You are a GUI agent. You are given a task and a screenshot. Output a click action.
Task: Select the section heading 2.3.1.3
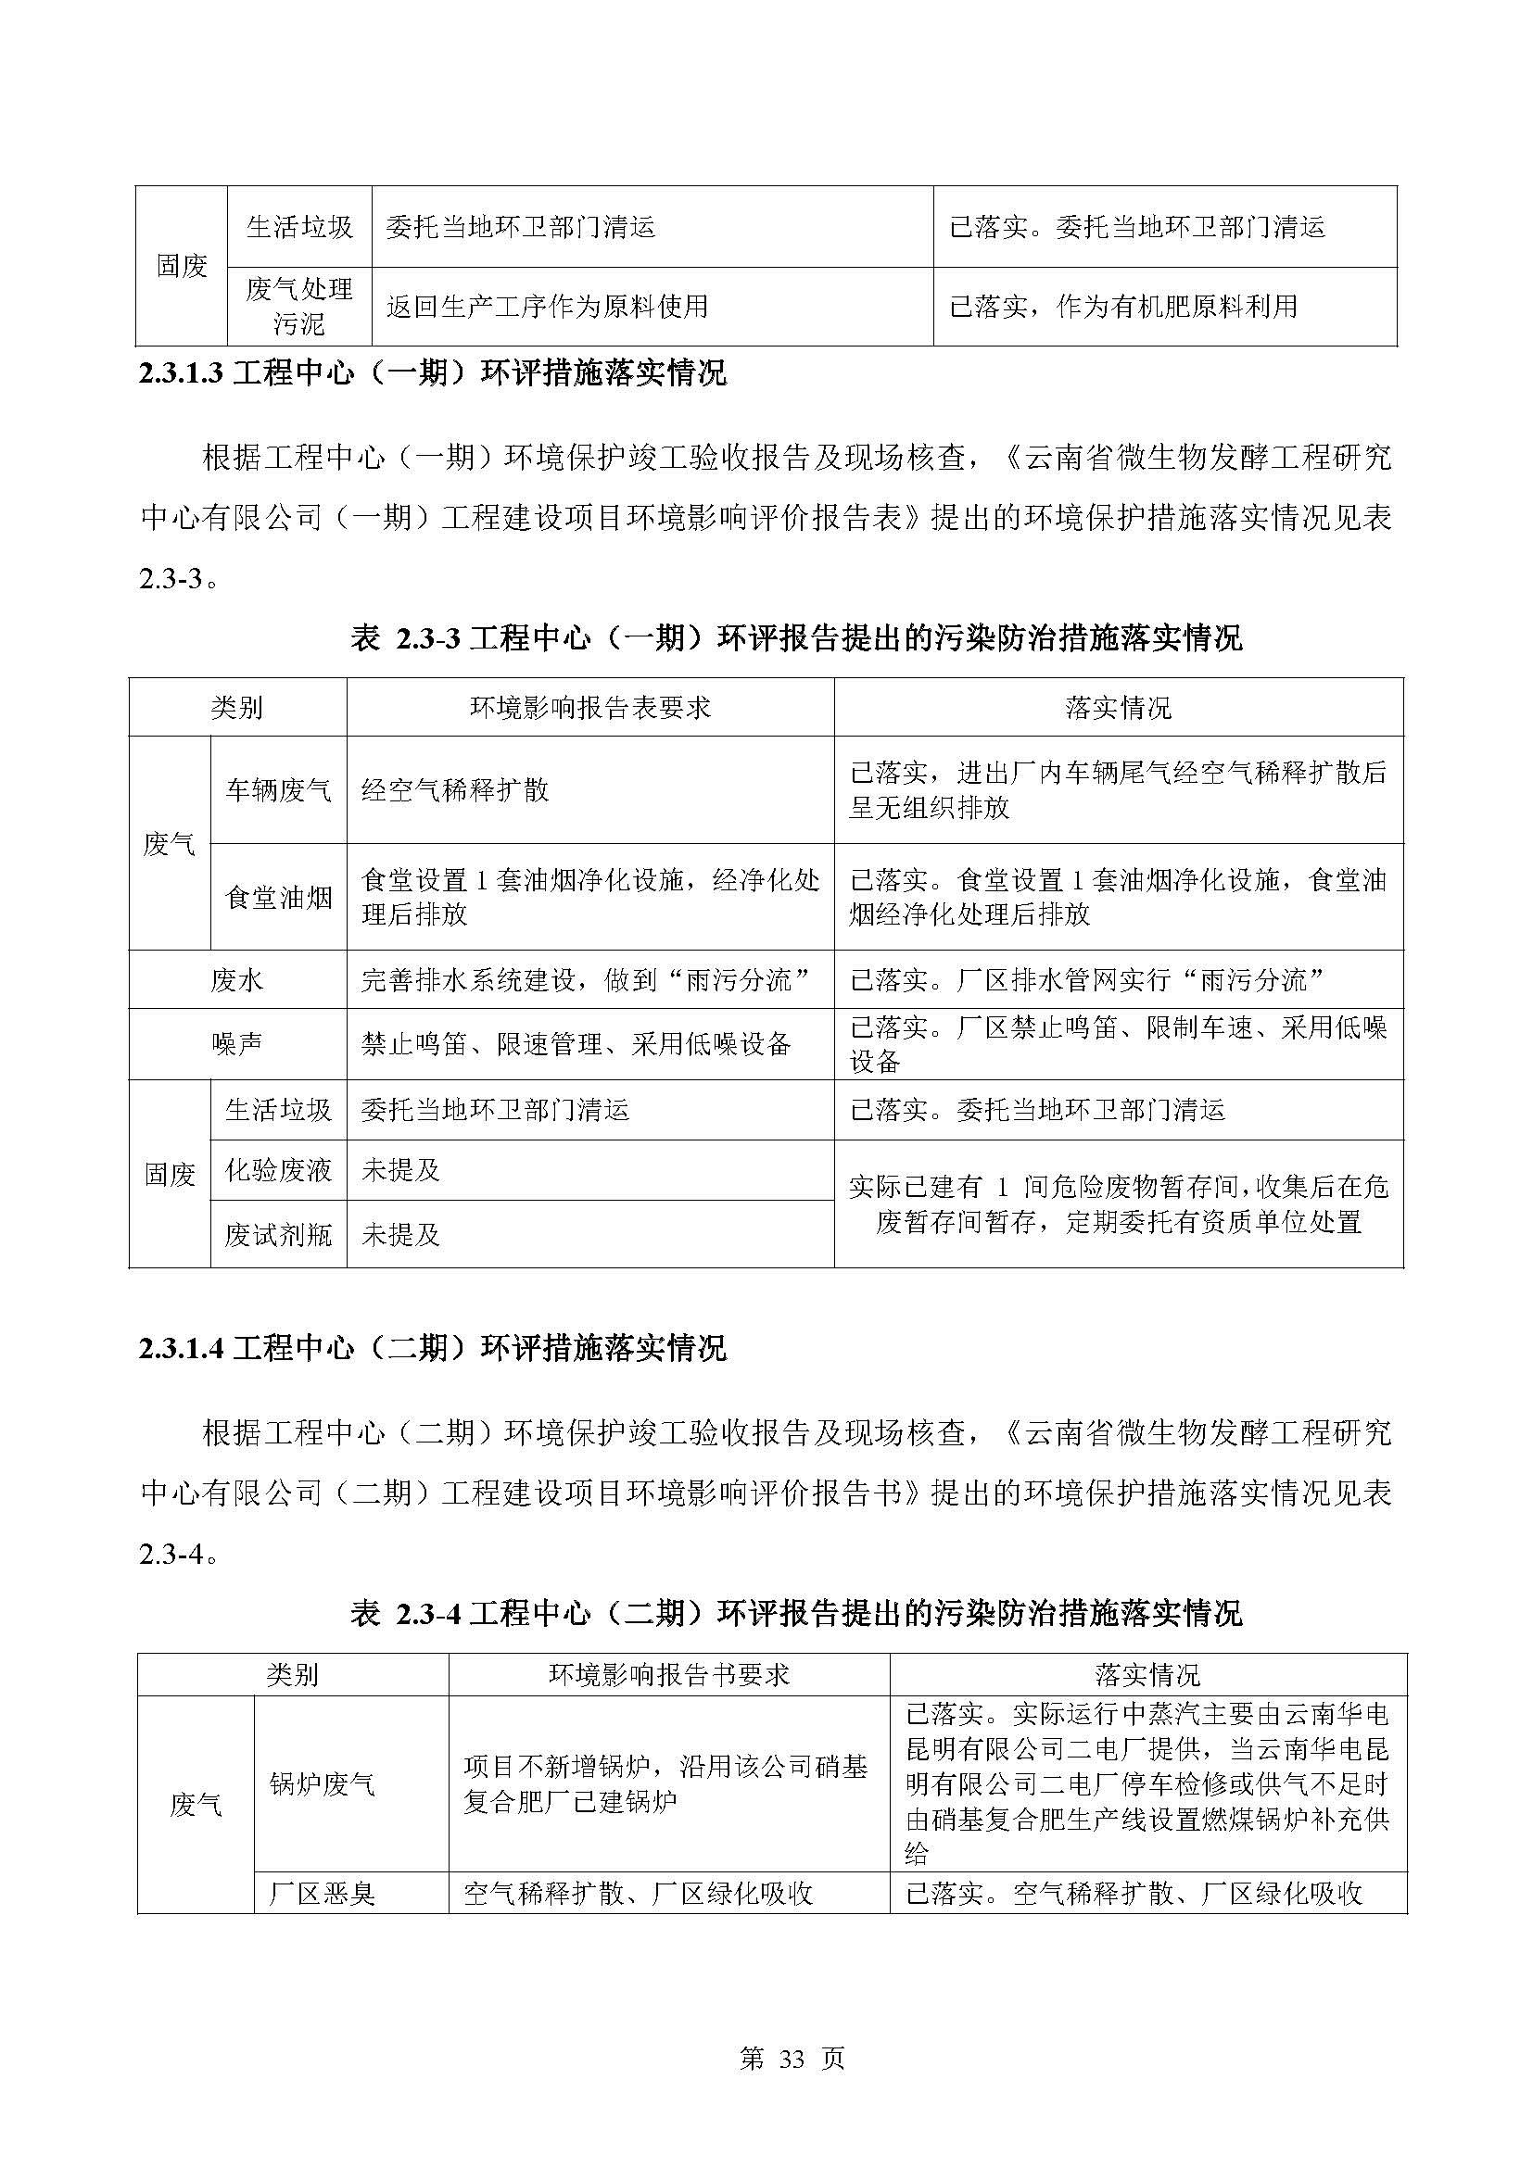point(432,373)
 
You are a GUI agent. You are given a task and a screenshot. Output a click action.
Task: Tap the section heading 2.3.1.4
point(432,1348)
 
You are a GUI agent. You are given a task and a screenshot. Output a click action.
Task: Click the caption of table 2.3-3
point(796,639)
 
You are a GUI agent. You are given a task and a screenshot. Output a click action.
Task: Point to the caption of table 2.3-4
point(796,1614)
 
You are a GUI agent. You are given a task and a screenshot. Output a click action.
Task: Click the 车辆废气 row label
point(278,790)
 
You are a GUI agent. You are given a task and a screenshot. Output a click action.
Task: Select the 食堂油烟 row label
point(278,897)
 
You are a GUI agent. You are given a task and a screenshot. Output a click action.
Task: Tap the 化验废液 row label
point(278,1170)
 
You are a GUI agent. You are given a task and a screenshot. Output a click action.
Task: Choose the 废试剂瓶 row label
point(278,1234)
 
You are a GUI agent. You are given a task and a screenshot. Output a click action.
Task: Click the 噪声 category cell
point(237,1044)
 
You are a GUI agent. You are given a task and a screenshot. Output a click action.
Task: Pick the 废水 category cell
point(237,979)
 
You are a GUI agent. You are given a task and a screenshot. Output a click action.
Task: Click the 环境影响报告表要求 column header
point(590,708)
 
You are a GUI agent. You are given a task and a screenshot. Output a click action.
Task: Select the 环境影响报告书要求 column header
point(668,1675)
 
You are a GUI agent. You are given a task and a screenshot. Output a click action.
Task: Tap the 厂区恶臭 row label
point(322,1894)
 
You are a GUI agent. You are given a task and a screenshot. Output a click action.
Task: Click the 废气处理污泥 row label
point(299,306)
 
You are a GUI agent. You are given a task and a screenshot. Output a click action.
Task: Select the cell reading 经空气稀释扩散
point(455,790)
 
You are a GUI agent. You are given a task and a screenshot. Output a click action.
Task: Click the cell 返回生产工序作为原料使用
point(547,306)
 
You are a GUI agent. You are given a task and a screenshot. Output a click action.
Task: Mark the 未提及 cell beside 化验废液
point(401,1170)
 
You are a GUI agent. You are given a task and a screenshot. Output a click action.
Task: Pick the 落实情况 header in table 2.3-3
point(1118,708)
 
